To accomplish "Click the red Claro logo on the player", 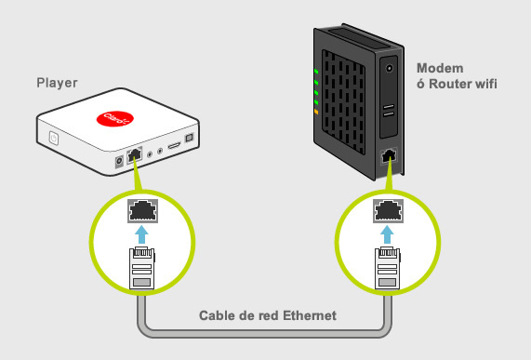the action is click(x=114, y=118).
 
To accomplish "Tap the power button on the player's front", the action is click(x=54, y=139).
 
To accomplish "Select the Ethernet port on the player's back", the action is click(x=135, y=155).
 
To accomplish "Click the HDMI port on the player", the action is click(x=174, y=146).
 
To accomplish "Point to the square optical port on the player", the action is click(x=189, y=138).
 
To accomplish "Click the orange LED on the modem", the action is click(x=316, y=112).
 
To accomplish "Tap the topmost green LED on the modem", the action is click(x=316, y=72).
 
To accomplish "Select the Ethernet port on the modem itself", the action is click(x=389, y=156).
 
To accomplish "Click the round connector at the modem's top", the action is click(x=390, y=69).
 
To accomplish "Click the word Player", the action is click(x=57, y=83).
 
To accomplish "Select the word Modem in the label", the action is click(x=440, y=68).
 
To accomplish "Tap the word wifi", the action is click(x=486, y=84).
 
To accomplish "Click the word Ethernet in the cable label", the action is click(x=310, y=315).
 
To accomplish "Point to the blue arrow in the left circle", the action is click(x=142, y=234).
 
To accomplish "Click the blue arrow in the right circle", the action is click(x=387, y=234).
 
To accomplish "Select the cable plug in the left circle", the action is click(x=142, y=268).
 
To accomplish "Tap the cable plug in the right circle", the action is click(x=387, y=268).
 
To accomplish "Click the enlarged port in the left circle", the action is click(x=142, y=211).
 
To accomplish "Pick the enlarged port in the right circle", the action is click(x=388, y=211).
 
